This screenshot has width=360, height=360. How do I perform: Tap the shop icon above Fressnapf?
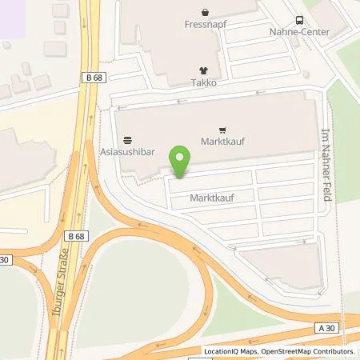point(206,12)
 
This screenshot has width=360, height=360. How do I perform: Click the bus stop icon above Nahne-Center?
point(298,21)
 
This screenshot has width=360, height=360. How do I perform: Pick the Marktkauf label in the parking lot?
point(210,196)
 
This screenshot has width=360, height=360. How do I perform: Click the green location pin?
point(180,161)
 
